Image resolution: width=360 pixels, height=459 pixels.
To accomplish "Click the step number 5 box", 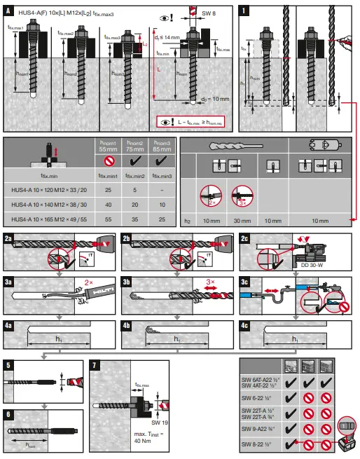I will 8,365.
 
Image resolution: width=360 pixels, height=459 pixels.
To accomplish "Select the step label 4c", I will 245,326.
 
